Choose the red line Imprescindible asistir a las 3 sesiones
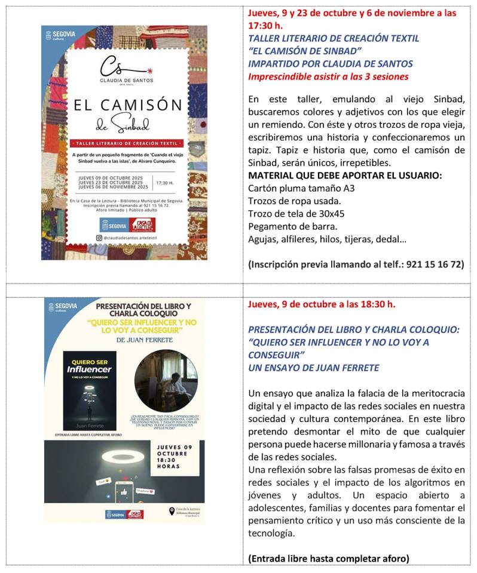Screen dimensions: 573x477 [328, 76]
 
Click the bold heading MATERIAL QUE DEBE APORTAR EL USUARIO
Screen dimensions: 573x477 [344, 175]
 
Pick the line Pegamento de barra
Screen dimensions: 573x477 [289, 227]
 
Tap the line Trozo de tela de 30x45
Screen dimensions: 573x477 [296, 214]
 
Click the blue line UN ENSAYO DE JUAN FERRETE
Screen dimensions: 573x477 [313, 368]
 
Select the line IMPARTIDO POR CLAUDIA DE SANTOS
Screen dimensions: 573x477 [330, 63]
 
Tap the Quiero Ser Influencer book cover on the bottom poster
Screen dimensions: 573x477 [90, 390]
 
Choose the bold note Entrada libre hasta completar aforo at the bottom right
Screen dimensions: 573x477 [328, 559]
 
